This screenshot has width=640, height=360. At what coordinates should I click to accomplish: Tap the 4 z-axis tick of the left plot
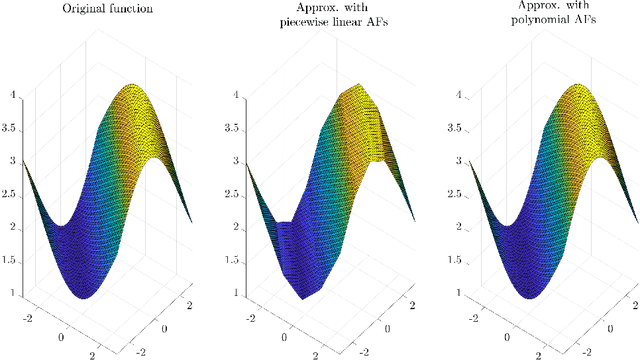point(14,97)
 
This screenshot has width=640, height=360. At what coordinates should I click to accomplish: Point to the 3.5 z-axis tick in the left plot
point(11,129)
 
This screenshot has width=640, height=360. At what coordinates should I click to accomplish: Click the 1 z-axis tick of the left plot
point(14,293)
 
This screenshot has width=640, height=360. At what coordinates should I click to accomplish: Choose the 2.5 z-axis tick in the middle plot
point(227,195)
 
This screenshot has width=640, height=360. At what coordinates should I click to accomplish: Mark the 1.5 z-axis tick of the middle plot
point(227,260)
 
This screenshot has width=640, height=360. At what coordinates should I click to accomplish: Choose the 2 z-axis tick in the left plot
point(14,228)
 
